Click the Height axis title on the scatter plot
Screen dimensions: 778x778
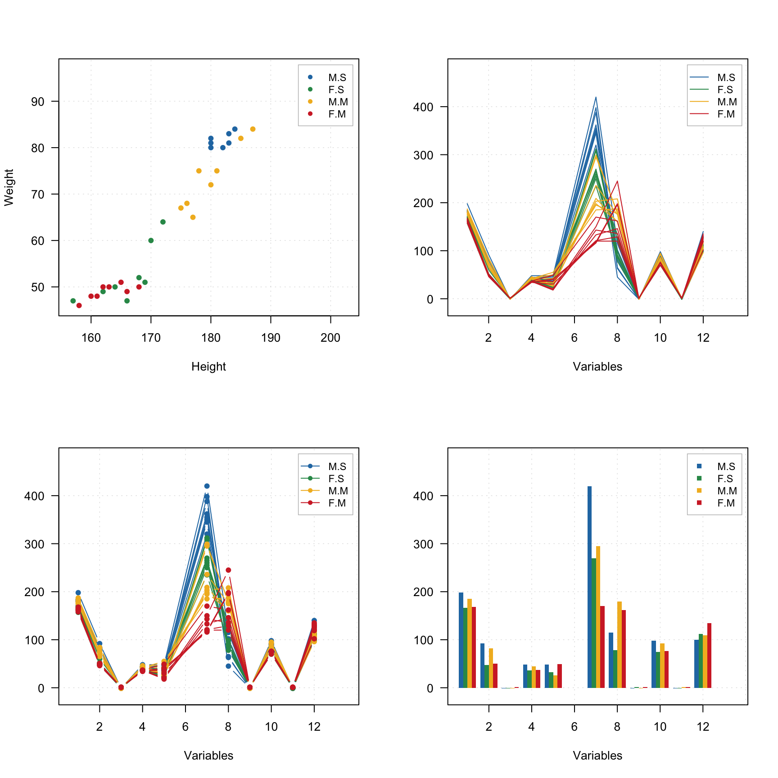208,366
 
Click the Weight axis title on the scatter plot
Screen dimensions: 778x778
9,187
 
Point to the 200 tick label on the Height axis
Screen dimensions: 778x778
330,338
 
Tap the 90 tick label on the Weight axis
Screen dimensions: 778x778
38,102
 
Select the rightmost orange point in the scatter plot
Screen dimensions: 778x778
253,129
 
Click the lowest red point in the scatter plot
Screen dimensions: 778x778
79,306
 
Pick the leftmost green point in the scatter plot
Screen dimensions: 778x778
73,301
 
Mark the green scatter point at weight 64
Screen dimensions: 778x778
163,222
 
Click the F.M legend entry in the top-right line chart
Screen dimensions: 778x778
725,114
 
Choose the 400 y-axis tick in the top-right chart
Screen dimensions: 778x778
423,107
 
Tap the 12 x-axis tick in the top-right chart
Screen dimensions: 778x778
703,338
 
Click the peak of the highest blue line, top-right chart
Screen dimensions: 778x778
596,97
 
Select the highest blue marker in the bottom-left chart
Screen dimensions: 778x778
207,486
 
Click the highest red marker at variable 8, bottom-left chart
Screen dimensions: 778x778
228,570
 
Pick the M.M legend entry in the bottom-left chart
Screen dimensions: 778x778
337,491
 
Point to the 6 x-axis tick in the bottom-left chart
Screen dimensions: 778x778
185,727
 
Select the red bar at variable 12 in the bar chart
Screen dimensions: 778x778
709,655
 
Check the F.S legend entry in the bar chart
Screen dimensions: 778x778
725,479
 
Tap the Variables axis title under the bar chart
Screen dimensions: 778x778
597,755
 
